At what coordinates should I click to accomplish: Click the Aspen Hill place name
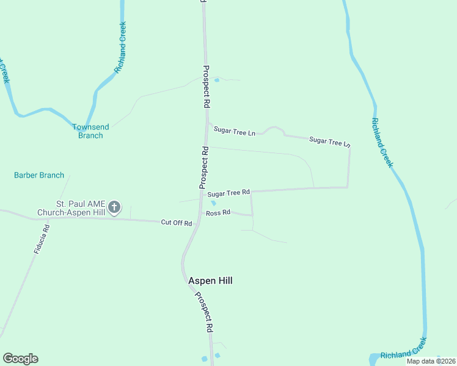tap(210, 281)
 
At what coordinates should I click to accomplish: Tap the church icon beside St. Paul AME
tap(114, 208)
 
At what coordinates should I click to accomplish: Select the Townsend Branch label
tap(90, 131)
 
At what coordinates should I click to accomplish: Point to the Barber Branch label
tap(39, 175)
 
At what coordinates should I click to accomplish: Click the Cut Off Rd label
tap(177, 223)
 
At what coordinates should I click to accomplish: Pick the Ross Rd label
tap(218, 213)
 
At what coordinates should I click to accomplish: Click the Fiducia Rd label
tap(42, 239)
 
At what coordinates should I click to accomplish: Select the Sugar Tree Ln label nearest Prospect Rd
tap(234, 131)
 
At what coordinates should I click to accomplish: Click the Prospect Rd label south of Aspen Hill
tap(204, 311)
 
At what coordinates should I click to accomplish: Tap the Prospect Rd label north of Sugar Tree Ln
tap(206, 87)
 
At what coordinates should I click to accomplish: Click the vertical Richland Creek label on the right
tap(382, 142)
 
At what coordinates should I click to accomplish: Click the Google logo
tap(20, 359)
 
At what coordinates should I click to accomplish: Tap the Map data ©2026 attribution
tap(430, 361)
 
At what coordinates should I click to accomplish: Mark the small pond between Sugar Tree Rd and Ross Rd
tap(213, 203)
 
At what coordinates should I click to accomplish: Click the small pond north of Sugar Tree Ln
tap(216, 79)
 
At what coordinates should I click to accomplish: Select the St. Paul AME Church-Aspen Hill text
tap(71, 208)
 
